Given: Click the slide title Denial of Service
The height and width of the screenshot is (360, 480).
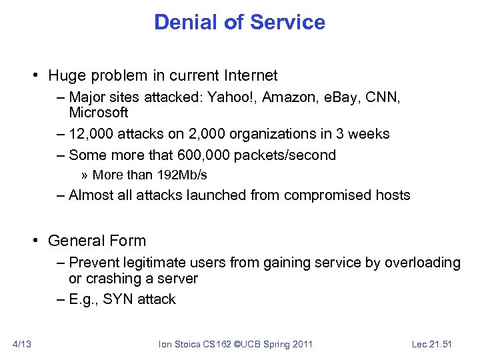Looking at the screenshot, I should (239, 22).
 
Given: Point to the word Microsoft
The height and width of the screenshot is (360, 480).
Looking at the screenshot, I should (98, 113).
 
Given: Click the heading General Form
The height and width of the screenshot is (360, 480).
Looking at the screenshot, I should (97, 241).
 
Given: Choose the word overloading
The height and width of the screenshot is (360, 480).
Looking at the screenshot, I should (421, 263).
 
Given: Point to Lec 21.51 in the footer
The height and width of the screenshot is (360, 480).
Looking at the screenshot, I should (431, 344).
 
